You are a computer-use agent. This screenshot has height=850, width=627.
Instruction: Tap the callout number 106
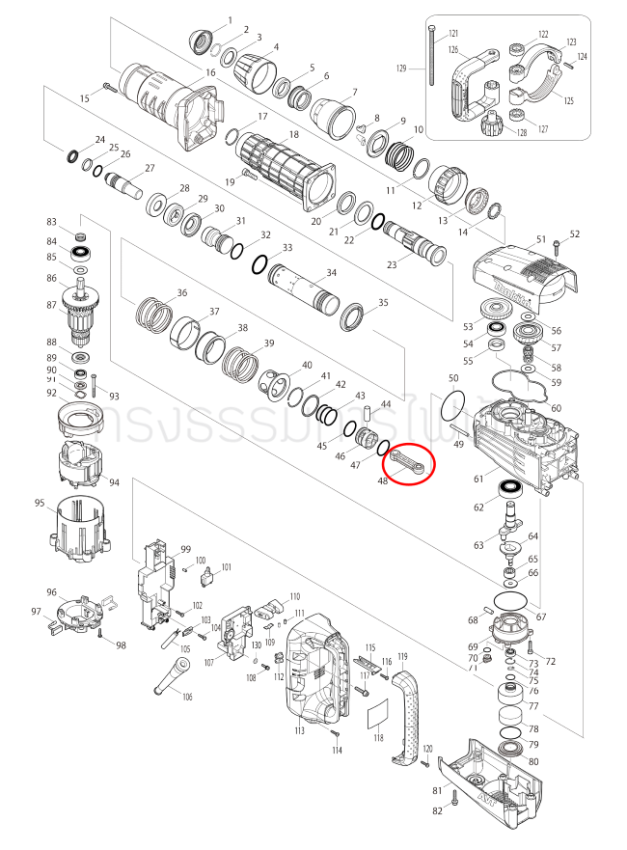187,697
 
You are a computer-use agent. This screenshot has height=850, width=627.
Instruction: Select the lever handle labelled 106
171,678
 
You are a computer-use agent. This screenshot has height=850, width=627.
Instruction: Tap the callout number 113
300,731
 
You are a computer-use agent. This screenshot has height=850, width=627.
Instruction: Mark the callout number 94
114,482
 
